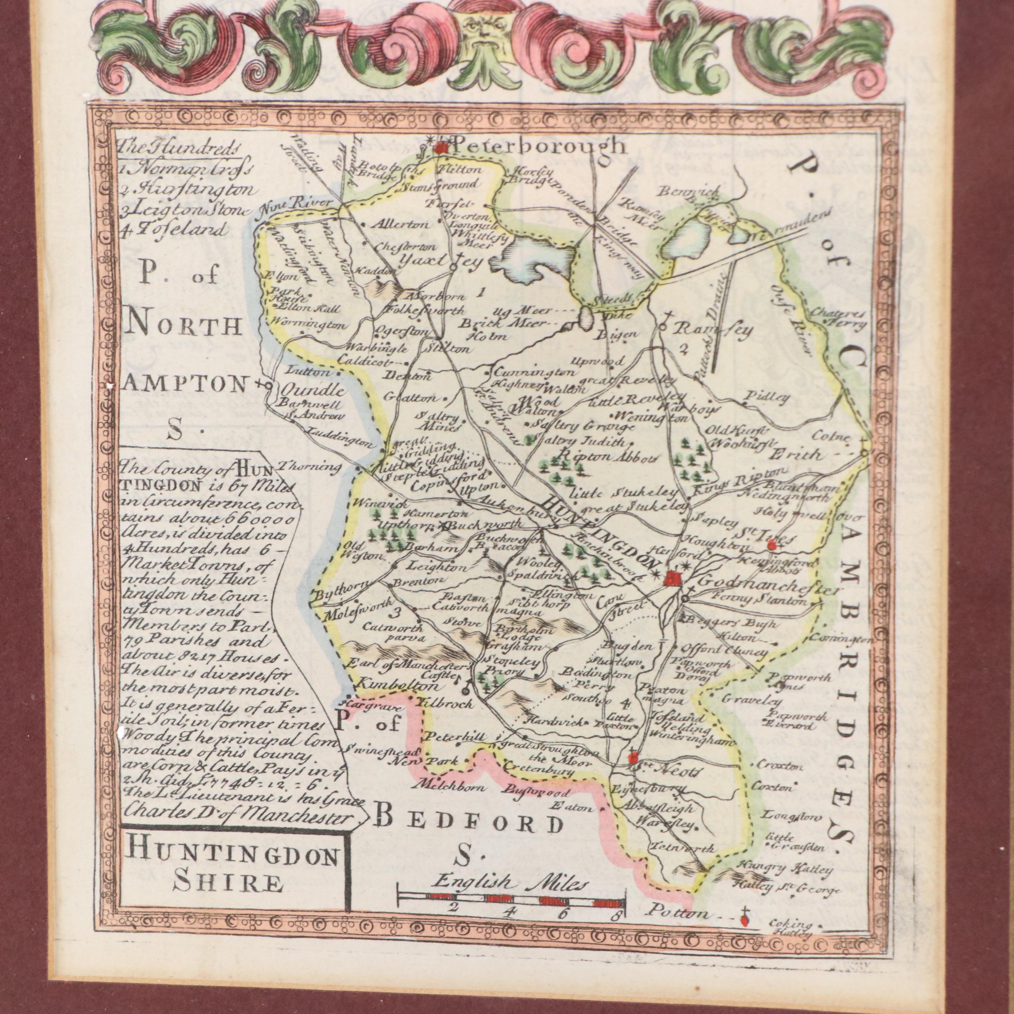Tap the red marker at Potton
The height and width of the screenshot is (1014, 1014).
[744, 920]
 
